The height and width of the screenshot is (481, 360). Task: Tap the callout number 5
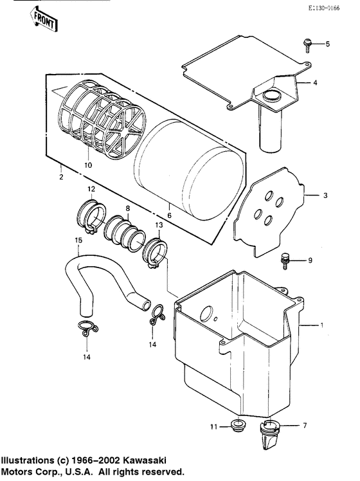(327, 44)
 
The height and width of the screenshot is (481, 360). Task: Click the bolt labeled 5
(307, 44)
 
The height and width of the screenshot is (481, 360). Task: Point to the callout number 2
(60, 176)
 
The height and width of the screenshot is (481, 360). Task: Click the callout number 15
(79, 240)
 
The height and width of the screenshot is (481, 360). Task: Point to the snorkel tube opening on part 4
(272, 97)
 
